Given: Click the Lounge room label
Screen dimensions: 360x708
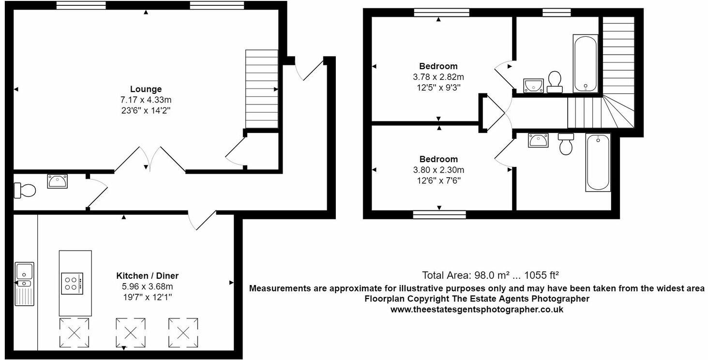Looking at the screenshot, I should [146, 89].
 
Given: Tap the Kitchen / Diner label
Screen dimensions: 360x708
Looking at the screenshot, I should [147, 276].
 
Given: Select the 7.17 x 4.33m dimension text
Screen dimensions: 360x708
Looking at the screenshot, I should [146, 100].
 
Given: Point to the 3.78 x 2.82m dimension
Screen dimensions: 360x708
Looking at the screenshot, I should [438, 77].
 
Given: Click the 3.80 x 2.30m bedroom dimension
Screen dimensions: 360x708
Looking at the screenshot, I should [438, 170].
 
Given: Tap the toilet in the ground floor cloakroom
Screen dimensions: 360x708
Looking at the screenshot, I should [25, 190].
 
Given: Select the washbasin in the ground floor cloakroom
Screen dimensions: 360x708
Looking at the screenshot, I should [58, 181].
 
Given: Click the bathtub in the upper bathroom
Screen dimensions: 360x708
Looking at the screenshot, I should [585, 63].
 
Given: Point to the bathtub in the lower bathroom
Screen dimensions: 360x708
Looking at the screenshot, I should [598, 162].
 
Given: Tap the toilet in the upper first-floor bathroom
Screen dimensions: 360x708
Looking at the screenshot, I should [555, 81].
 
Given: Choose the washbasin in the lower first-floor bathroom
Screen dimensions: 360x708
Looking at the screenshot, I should [538, 140].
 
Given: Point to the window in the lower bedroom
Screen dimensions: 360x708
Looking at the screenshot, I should [439, 214].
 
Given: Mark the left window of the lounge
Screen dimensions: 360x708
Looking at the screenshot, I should [81, 5].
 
